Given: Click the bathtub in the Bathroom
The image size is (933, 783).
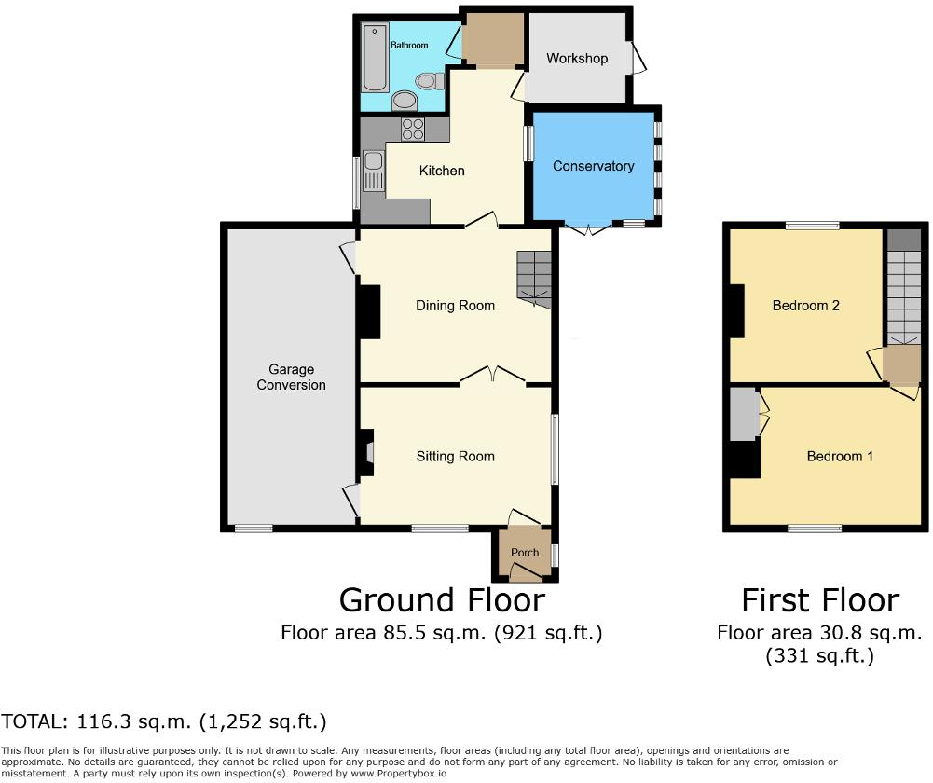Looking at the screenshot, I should pyautogui.click(x=375, y=59).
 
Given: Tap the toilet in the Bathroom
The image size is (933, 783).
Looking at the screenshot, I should pyautogui.click(x=431, y=82).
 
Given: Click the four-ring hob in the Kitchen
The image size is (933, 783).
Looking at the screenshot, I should pyautogui.click(x=412, y=130).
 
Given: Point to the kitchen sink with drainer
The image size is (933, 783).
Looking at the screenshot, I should pyautogui.click(x=373, y=172).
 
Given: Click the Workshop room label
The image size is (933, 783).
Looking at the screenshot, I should pyautogui.click(x=577, y=59).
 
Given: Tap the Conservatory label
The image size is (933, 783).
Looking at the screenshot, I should pyautogui.click(x=593, y=166).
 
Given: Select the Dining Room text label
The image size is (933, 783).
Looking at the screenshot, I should pyautogui.click(x=456, y=306).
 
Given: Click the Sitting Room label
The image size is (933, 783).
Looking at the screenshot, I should pyautogui.click(x=456, y=456).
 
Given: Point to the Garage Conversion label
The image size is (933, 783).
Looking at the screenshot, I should pyautogui.click(x=292, y=378).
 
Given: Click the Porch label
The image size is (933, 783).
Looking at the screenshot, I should pyautogui.click(x=525, y=552).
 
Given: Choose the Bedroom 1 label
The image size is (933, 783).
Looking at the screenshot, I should pyautogui.click(x=840, y=456).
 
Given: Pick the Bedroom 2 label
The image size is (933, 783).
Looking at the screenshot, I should pyautogui.click(x=807, y=306).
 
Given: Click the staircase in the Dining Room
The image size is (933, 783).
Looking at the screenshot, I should pyautogui.click(x=534, y=279).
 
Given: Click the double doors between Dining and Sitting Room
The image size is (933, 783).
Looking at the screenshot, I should pyautogui.click(x=492, y=377).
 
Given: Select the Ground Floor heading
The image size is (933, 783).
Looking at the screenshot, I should pyautogui.click(x=442, y=599).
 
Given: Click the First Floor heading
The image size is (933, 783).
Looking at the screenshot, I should pyautogui.click(x=820, y=599).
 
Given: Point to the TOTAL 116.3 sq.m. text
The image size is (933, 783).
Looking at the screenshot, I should pyautogui.click(x=164, y=721).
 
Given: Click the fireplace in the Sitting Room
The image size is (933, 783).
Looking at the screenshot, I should pyautogui.click(x=366, y=453).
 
